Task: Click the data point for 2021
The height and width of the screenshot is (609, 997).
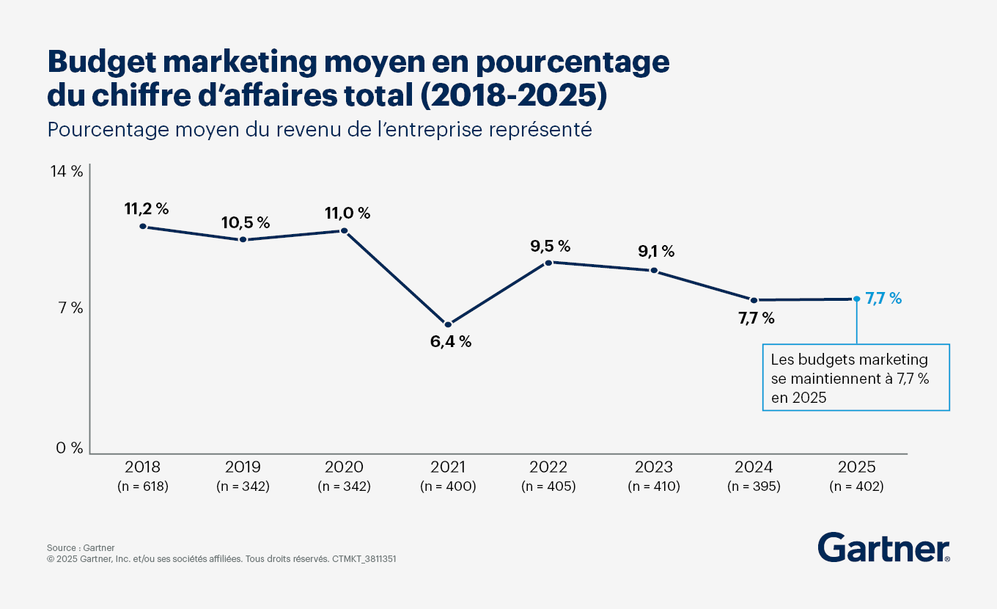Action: [x=448, y=324]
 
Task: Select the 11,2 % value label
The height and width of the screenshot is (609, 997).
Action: [x=147, y=209]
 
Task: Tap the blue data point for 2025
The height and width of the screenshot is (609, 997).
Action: [x=856, y=299]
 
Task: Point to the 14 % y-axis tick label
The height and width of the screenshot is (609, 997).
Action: [x=67, y=172]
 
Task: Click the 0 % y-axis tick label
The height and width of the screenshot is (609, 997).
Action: [x=70, y=448]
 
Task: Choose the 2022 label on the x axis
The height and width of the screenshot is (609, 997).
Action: [x=548, y=467]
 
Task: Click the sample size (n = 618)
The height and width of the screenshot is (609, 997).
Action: [x=142, y=486]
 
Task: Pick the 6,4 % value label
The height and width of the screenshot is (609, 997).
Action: [x=451, y=341]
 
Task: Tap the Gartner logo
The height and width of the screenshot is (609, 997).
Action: [x=883, y=547]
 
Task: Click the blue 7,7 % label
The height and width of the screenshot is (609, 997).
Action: [x=883, y=299]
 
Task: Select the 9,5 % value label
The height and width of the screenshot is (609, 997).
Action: [x=551, y=246]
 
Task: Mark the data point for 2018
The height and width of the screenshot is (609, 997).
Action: [x=142, y=227]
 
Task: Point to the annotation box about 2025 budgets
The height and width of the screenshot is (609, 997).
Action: [x=856, y=378]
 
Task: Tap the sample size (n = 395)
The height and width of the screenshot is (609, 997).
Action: [x=754, y=486]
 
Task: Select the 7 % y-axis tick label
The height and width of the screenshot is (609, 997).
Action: [x=70, y=308]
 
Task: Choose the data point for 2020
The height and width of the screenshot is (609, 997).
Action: [x=344, y=231]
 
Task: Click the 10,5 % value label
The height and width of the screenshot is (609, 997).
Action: [x=246, y=222]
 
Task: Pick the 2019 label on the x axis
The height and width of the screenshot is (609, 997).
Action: [x=243, y=467]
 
